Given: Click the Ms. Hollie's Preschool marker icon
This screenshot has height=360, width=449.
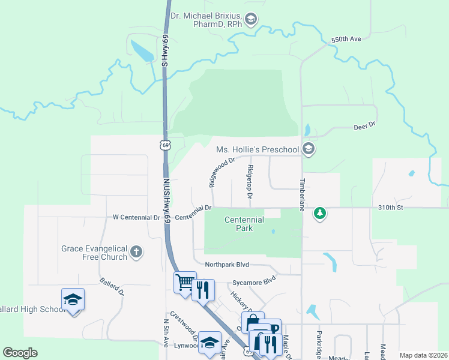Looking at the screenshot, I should (x=309, y=149).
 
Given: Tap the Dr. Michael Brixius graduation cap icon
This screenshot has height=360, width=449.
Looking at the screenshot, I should (x=251, y=20).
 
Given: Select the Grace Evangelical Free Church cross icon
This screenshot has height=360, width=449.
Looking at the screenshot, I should (x=136, y=252).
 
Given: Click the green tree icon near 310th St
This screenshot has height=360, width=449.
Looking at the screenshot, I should (x=321, y=213).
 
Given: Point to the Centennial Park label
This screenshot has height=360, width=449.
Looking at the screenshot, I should (x=244, y=224).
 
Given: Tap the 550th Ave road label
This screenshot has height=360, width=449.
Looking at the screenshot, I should (x=346, y=39).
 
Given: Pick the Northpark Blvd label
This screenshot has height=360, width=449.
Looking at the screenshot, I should (x=226, y=265).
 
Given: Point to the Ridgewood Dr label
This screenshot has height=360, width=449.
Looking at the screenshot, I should (x=221, y=173).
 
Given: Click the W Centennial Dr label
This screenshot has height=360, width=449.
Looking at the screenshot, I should (x=136, y=217).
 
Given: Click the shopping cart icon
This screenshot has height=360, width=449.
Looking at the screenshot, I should (x=184, y=282).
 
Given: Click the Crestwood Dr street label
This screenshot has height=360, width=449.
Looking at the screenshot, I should (x=184, y=325).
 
